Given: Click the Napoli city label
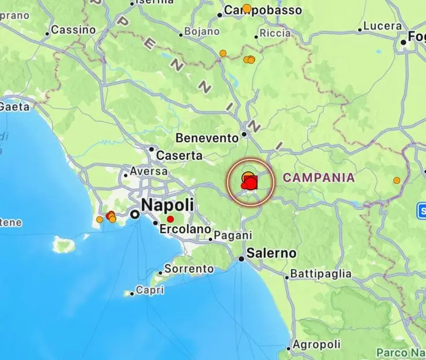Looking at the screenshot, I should pos(167,205).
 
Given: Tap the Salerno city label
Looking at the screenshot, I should pos(271,253).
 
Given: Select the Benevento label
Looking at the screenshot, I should pos(207,138).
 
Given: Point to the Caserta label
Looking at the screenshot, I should pos(180,156).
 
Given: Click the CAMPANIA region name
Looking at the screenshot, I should pos(319,178).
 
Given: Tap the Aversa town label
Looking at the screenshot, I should pos(149,171).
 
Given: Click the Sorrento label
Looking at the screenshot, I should pos(189,269).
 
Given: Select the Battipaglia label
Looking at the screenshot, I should pos(321,273).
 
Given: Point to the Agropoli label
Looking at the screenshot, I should pos(316,344).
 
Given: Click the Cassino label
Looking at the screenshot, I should pos(73,29).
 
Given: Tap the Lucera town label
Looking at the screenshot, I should pos(383,26).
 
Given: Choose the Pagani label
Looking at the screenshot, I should pos(233,235).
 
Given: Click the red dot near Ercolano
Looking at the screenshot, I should pos(170,219).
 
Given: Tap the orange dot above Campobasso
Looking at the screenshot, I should pos(247,8).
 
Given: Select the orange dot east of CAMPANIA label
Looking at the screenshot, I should pos(397,181).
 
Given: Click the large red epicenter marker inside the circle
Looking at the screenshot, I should pos(250,183).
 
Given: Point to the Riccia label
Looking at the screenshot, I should pos(276,33).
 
